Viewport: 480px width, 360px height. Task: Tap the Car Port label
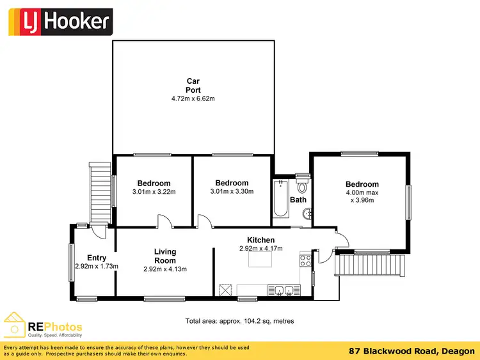coord(193,86)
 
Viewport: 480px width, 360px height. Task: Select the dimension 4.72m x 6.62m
coord(193,99)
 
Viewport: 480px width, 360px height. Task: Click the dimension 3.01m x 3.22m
coord(154,192)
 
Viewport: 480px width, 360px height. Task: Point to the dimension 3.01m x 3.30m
coord(232,191)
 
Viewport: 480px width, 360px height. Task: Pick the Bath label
coord(298,200)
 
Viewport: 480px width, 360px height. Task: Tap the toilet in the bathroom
coord(302,185)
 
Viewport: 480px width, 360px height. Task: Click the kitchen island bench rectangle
coord(260,258)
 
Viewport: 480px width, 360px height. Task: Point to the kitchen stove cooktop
coord(305,260)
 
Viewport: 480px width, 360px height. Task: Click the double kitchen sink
coord(284,291)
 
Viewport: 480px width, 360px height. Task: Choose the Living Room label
coord(165,256)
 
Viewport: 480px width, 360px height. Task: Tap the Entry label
coord(97,258)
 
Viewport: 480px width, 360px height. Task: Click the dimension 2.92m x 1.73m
coord(97,266)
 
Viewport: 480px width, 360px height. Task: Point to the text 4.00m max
coord(362,192)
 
